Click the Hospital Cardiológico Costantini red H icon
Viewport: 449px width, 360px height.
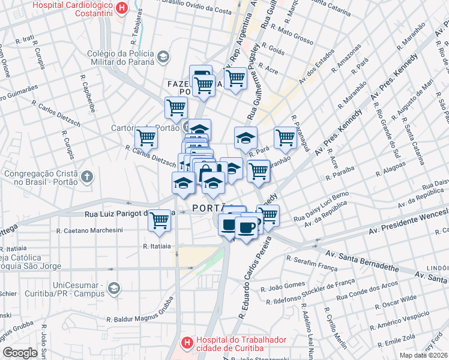[x=122, y=8]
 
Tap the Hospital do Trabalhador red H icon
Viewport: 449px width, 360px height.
[x=187, y=343]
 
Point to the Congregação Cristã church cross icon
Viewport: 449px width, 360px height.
[x=88, y=177]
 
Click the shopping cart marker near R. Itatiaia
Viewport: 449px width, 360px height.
[x=159, y=220]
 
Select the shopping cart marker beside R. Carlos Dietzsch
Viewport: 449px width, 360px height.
[x=146, y=137]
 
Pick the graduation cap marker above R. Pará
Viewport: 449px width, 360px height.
[x=245, y=137]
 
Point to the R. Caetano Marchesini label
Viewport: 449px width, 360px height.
[x=89, y=230]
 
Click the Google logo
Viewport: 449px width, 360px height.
[x=20, y=352]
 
